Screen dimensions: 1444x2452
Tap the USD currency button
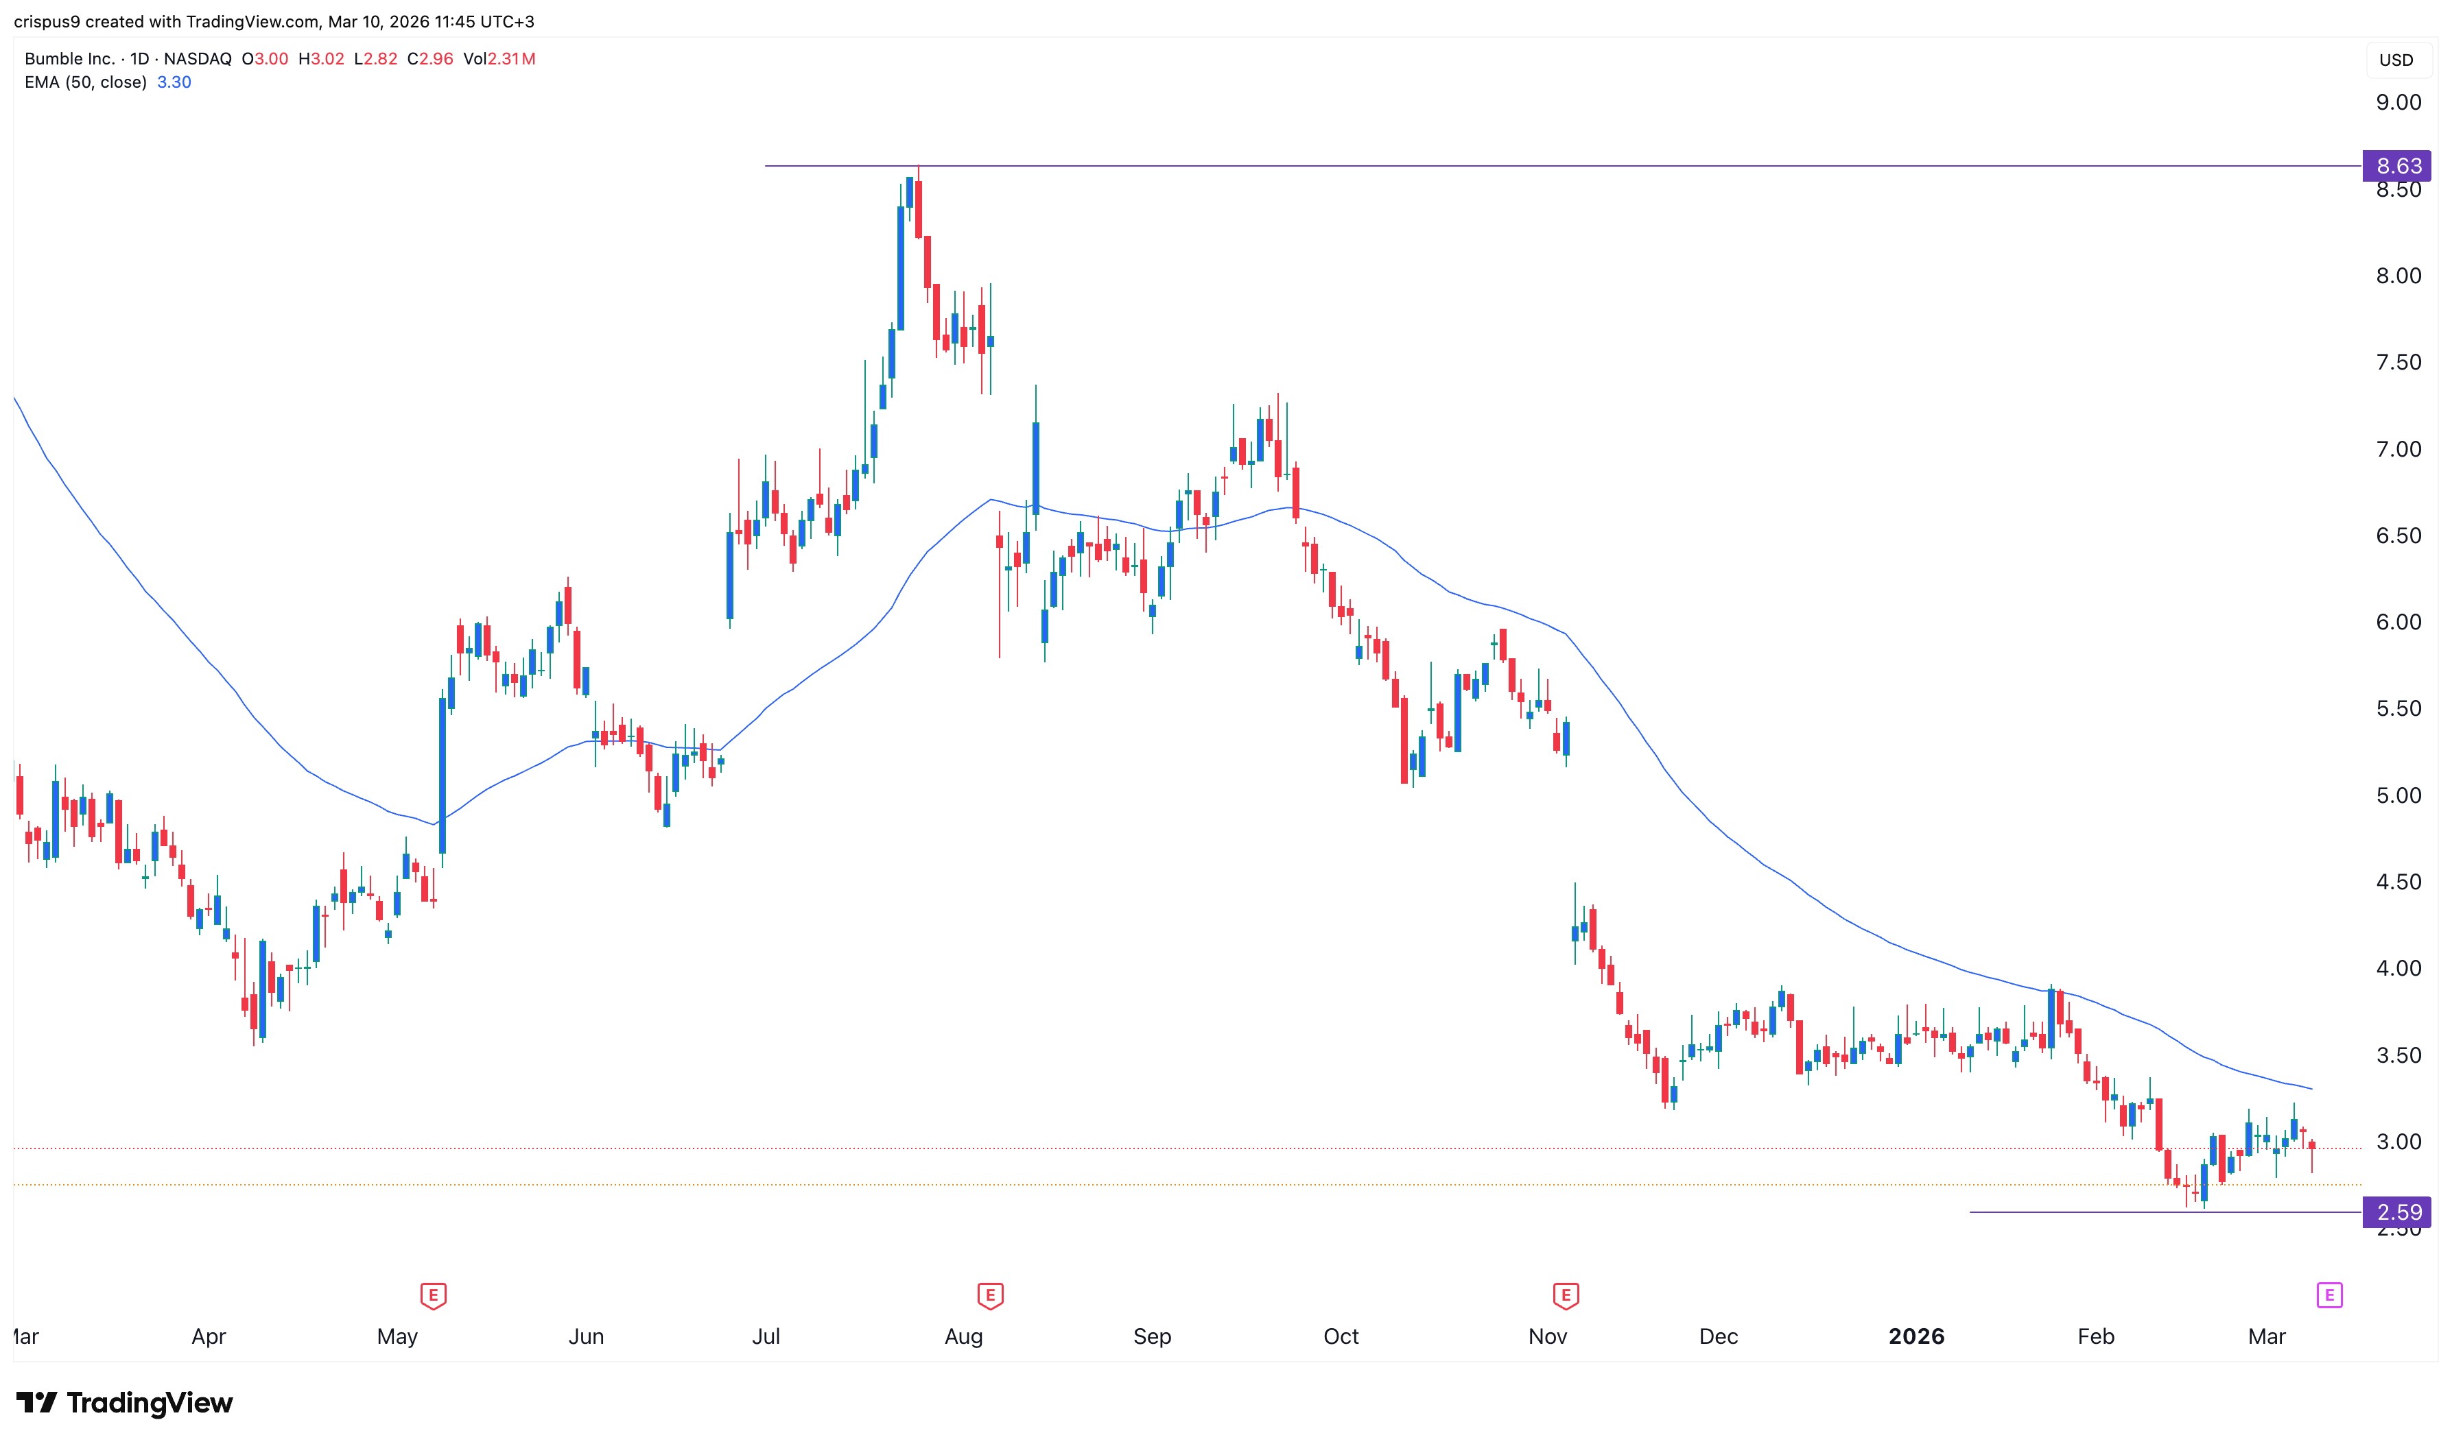click(x=2396, y=60)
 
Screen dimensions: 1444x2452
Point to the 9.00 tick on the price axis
click(x=2398, y=103)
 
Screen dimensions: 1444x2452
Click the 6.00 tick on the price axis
click(x=2398, y=623)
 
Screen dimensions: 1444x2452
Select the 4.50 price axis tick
click(x=2398, y=882)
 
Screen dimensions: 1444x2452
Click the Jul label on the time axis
click(x=766, y=1337)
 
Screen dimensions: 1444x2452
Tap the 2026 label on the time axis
click(x=1915, y=1337)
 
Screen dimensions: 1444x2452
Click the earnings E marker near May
click(x=433, y=1296)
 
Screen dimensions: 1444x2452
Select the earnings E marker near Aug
click(x=990, y=1296)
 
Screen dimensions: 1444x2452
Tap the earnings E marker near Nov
click(x=1565, y=1296)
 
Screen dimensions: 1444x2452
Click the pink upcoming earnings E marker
click(x=2329, y=1295)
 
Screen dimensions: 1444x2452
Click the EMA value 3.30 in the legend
click(x=174, y=83)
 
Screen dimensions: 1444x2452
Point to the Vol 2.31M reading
click(x=499, y=60)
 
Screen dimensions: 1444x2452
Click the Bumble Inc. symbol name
click(x=69, y=60)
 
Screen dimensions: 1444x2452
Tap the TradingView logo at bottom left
click(x=125, y=1403)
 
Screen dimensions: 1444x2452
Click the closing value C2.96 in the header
click(x=430, y=60)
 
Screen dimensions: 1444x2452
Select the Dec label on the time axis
click(x=1718, y=1337)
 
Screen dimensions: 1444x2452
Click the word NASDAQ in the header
click(x=198, y=60)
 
